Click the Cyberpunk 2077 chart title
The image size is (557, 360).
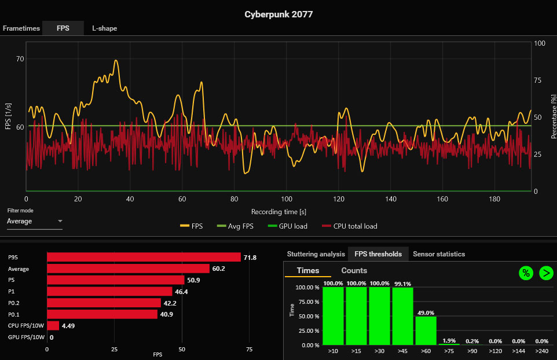pos(278,14)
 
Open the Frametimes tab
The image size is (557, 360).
pos(21,28)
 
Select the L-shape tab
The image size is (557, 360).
pos(104,28)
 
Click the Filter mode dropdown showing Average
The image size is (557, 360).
pos(35,221)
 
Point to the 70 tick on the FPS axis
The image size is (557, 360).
pos(20,59)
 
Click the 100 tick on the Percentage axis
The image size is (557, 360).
pos(539,43)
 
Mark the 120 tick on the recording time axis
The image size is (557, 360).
pos(339,199)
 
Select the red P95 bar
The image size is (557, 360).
pos(144,257)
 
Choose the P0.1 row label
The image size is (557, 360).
pos(15,314)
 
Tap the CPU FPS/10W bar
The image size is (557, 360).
pos(53,326)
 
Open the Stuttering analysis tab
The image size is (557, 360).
pos(316,254)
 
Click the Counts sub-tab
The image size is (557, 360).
pos(354,270)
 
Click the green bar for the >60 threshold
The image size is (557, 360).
pos(426,330)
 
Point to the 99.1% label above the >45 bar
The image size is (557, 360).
pos(402,284)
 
